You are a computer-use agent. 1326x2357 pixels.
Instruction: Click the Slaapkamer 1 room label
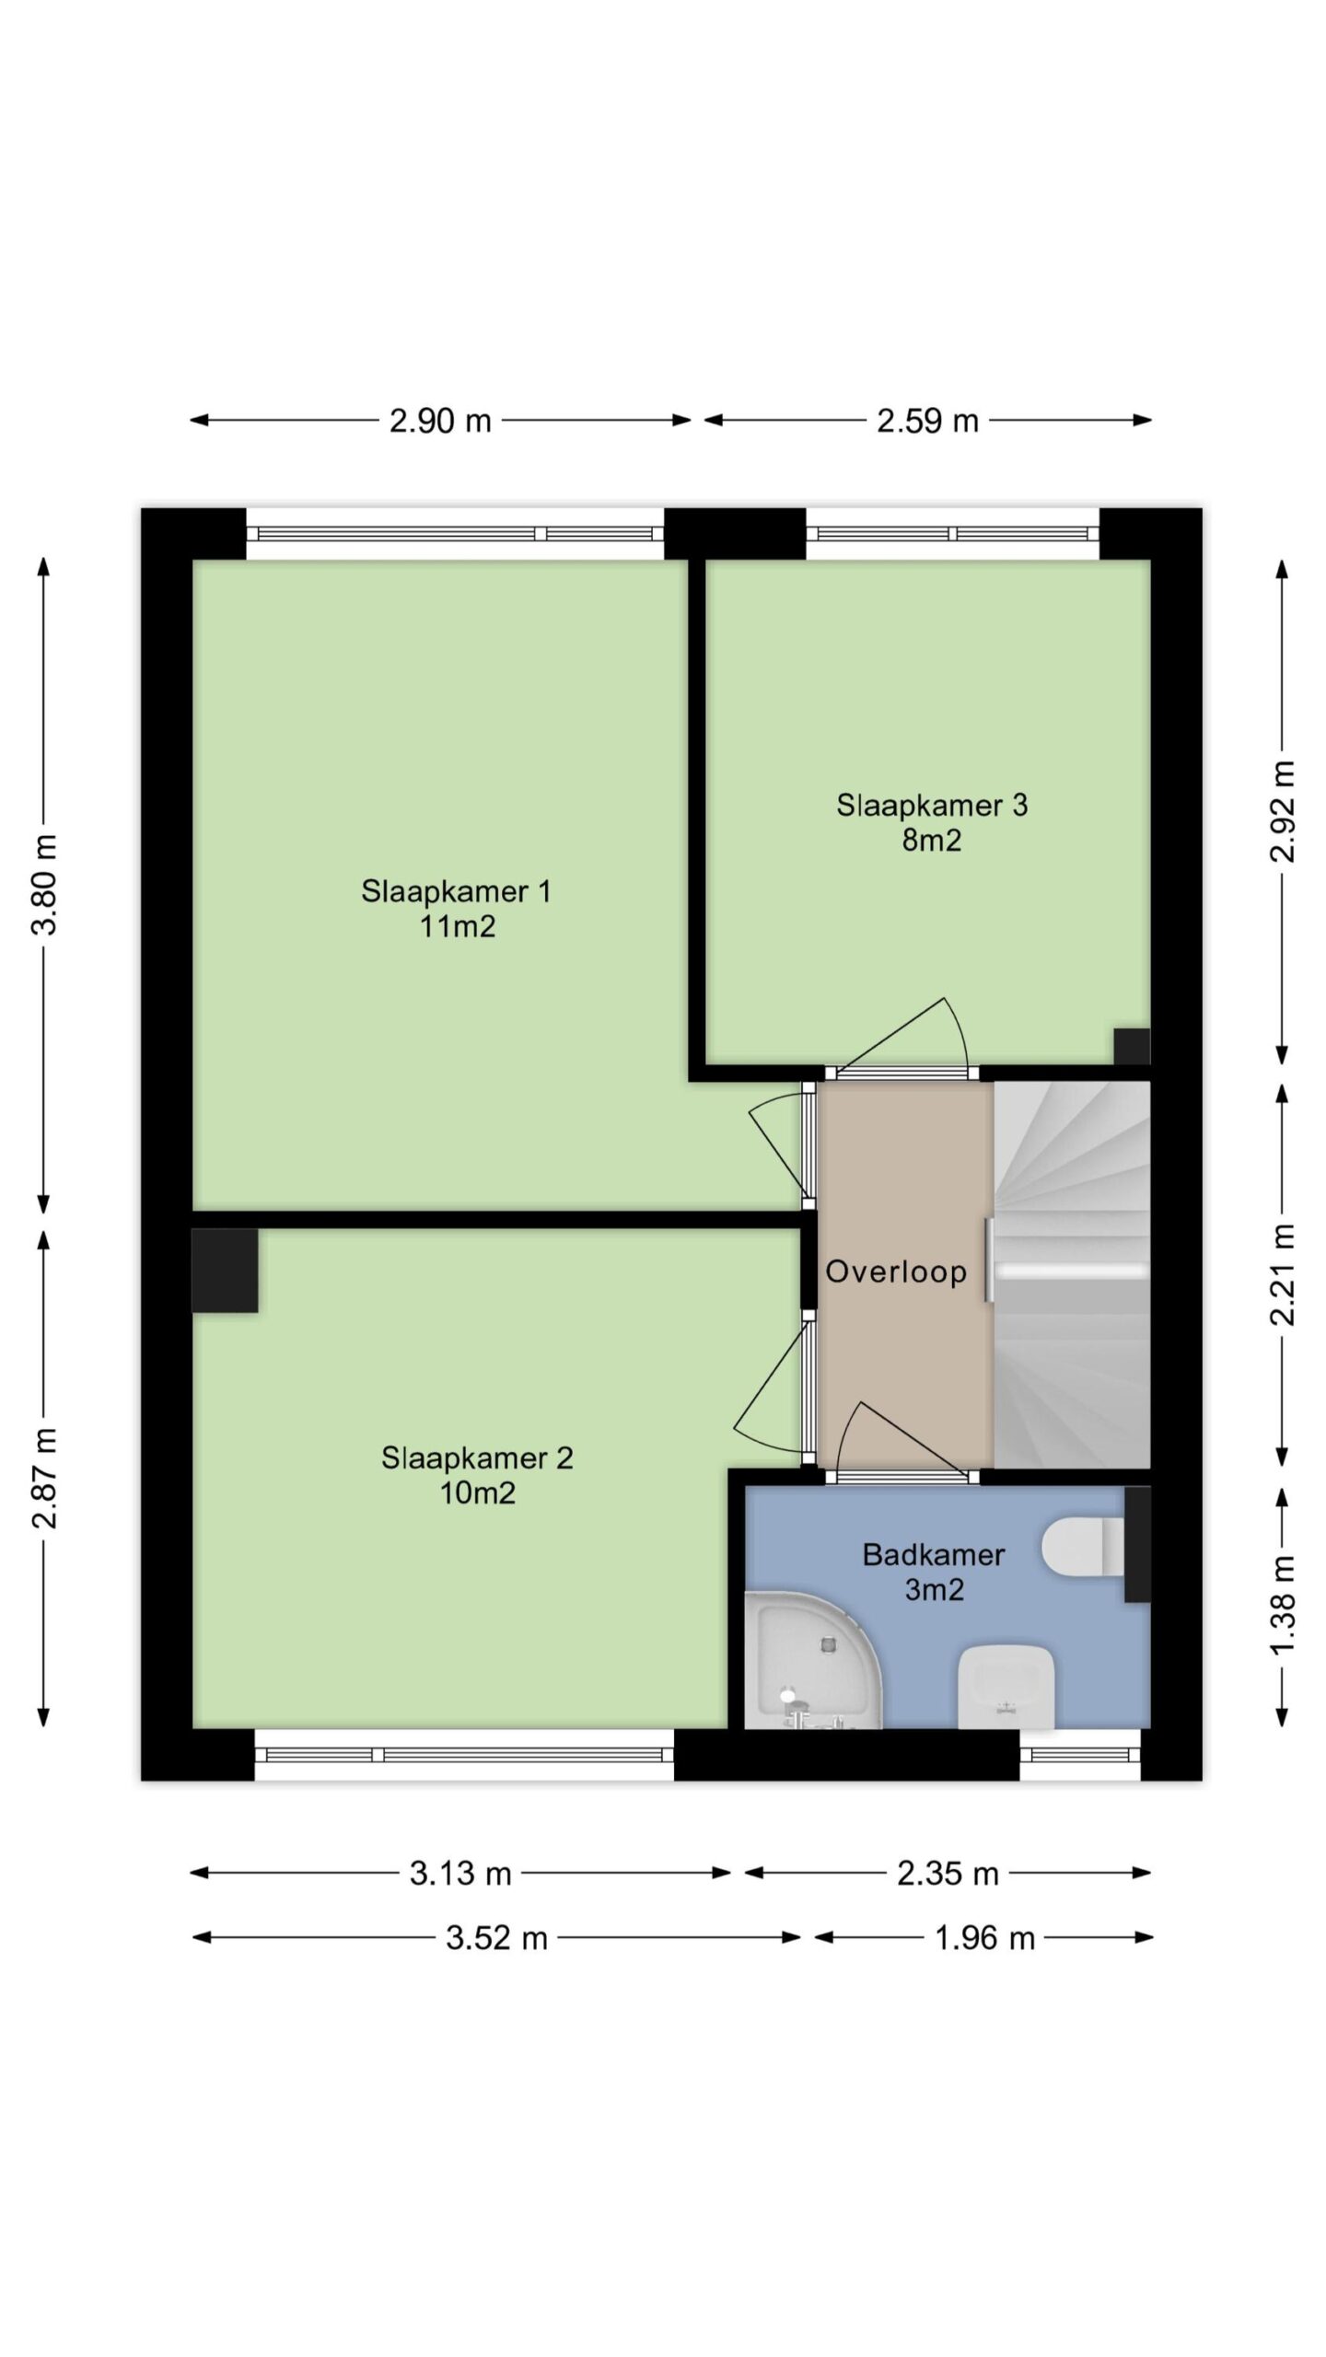[x=457, y=908]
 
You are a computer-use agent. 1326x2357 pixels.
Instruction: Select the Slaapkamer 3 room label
[x=932, y=822]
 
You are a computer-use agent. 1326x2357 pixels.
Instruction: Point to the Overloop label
[x=896, y=1271]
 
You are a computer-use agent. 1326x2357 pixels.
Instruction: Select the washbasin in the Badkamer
[x=1006, y=1687]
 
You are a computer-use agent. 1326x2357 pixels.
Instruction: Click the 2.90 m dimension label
[x=440, y=421]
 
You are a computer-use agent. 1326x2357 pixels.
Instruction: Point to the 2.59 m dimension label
[x=927, y=421]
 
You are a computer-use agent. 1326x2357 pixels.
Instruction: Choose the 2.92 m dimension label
[x=1282, y=811]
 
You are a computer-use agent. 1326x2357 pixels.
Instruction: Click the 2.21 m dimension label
[x=1282, y=1274]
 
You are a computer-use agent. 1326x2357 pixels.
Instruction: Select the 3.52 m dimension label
[x=497, y=1938]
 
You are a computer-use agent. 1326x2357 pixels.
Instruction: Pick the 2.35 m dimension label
[x=948, y=1874]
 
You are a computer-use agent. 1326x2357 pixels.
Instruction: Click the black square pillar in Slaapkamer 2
[x=225, y=1270]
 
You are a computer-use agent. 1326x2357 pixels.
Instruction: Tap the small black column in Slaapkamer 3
[x=1132, y=1046]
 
